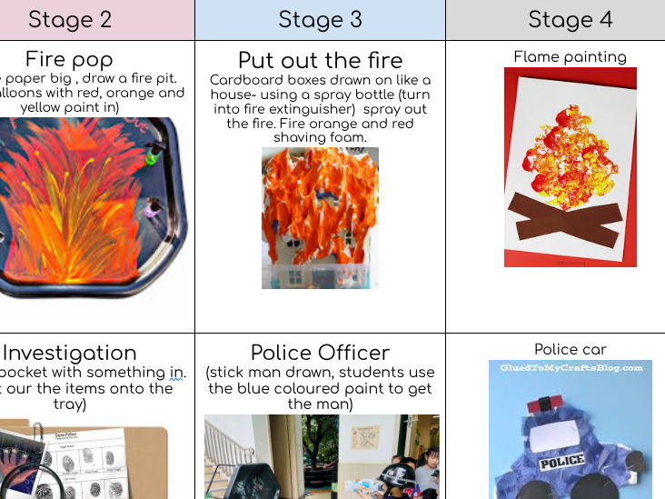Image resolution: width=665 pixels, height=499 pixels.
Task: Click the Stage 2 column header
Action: click(x=71, y=19)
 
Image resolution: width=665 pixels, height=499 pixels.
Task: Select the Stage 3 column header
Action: click(x=320, y=19)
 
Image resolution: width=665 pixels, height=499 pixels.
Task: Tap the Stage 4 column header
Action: click(x=570, y=19)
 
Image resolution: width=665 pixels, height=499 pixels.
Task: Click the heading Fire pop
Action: click(x=69, y=60)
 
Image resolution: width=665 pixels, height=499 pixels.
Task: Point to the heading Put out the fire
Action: click(x=320, y=60)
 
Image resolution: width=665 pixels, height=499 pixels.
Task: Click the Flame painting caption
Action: click(x=570, y=56)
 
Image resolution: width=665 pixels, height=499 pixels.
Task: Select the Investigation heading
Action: click(x=70, y=353)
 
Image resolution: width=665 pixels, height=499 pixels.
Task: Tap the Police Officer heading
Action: click(x=320, y=353)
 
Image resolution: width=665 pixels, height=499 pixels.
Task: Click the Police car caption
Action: click(x=570, y=349)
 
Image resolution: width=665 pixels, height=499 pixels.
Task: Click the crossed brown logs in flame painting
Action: click(x=564, y=218)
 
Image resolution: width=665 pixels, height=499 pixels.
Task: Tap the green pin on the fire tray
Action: click(x=151, y=159)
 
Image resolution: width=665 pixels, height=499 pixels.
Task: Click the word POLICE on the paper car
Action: click(x=562, y=462)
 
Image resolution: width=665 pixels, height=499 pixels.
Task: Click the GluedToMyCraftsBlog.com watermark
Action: click(x=571, y=368)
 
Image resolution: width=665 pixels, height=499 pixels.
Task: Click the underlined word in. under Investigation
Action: click(x=176, y=372)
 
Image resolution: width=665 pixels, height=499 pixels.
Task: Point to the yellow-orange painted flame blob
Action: click(x=568, y=164)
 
